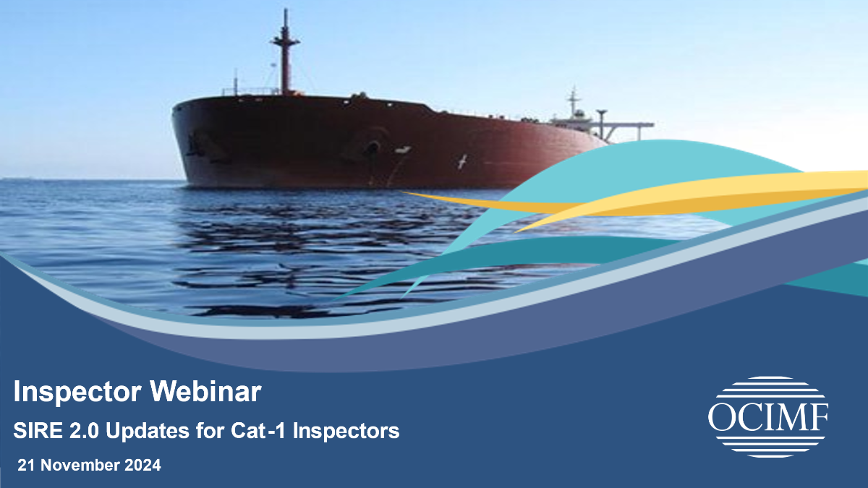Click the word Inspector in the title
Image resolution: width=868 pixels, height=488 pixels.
[77, 392]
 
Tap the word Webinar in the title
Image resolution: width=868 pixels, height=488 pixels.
[205, 391]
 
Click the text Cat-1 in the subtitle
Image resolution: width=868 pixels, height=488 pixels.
[258, 430]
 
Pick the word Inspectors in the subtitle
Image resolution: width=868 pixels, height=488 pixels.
[346, 432]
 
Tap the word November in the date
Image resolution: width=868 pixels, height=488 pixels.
[80, 465]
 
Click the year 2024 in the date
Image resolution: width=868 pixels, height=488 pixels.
[142, 465]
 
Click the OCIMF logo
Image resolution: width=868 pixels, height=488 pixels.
[768, 416]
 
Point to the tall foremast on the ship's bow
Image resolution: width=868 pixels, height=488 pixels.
[286, 52]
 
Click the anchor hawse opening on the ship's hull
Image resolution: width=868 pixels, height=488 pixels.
[373, 147]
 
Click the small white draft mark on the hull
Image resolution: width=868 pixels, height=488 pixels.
[462, 161]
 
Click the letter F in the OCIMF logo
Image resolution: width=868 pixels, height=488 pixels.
[818, 417]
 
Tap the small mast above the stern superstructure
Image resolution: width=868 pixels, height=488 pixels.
[574, 100]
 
